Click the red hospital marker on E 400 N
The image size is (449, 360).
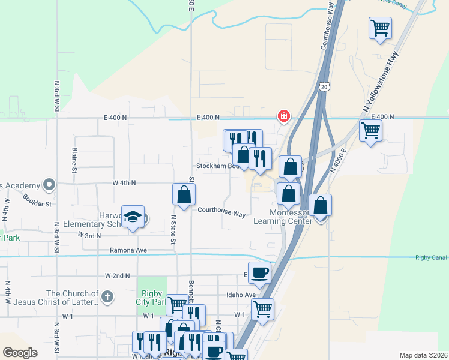(x=283, y=115)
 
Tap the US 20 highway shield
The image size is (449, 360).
(x=324, y=87)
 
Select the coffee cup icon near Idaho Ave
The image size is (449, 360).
(x=259, y=272)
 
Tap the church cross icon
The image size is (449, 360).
(x=107, y=296)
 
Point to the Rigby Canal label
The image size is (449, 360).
(x=430, y=258)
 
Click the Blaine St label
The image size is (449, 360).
(x=75, y=160)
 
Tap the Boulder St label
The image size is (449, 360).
(x=37, y=199)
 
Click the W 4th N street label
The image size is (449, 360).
(x=124, y=182)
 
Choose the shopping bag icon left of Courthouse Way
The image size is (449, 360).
(x=184, y=194)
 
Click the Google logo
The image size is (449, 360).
(x=20, y=353)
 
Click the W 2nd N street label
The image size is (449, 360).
(x=117, y=276)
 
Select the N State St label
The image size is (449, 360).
(x=173, y=229)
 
